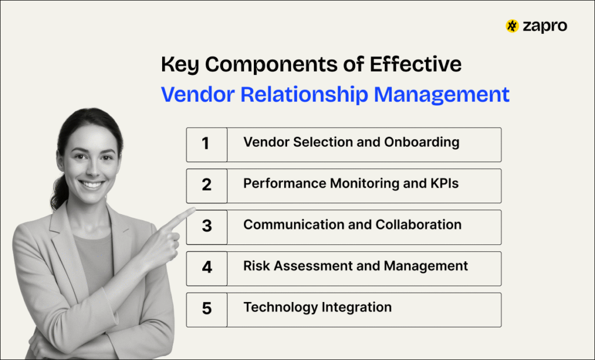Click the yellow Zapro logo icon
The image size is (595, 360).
coord(512,26)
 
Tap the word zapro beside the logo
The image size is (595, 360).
coord(545,27)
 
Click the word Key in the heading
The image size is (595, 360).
coord(180,64)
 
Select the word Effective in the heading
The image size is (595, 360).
coord(415,64)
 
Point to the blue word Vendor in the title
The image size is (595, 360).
coord(198,94)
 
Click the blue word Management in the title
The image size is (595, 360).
coord(442,95)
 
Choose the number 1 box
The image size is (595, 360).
coord(206,145)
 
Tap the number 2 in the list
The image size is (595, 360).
coord(206,185)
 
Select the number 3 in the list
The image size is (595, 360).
coord(207,226)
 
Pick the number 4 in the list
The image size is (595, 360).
coord(207,267)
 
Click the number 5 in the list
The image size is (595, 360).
coord(207,308)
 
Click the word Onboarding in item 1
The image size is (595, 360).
coord(422,143)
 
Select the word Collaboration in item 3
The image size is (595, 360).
coord(418,225)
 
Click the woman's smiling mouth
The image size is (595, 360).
coord(91,185)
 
